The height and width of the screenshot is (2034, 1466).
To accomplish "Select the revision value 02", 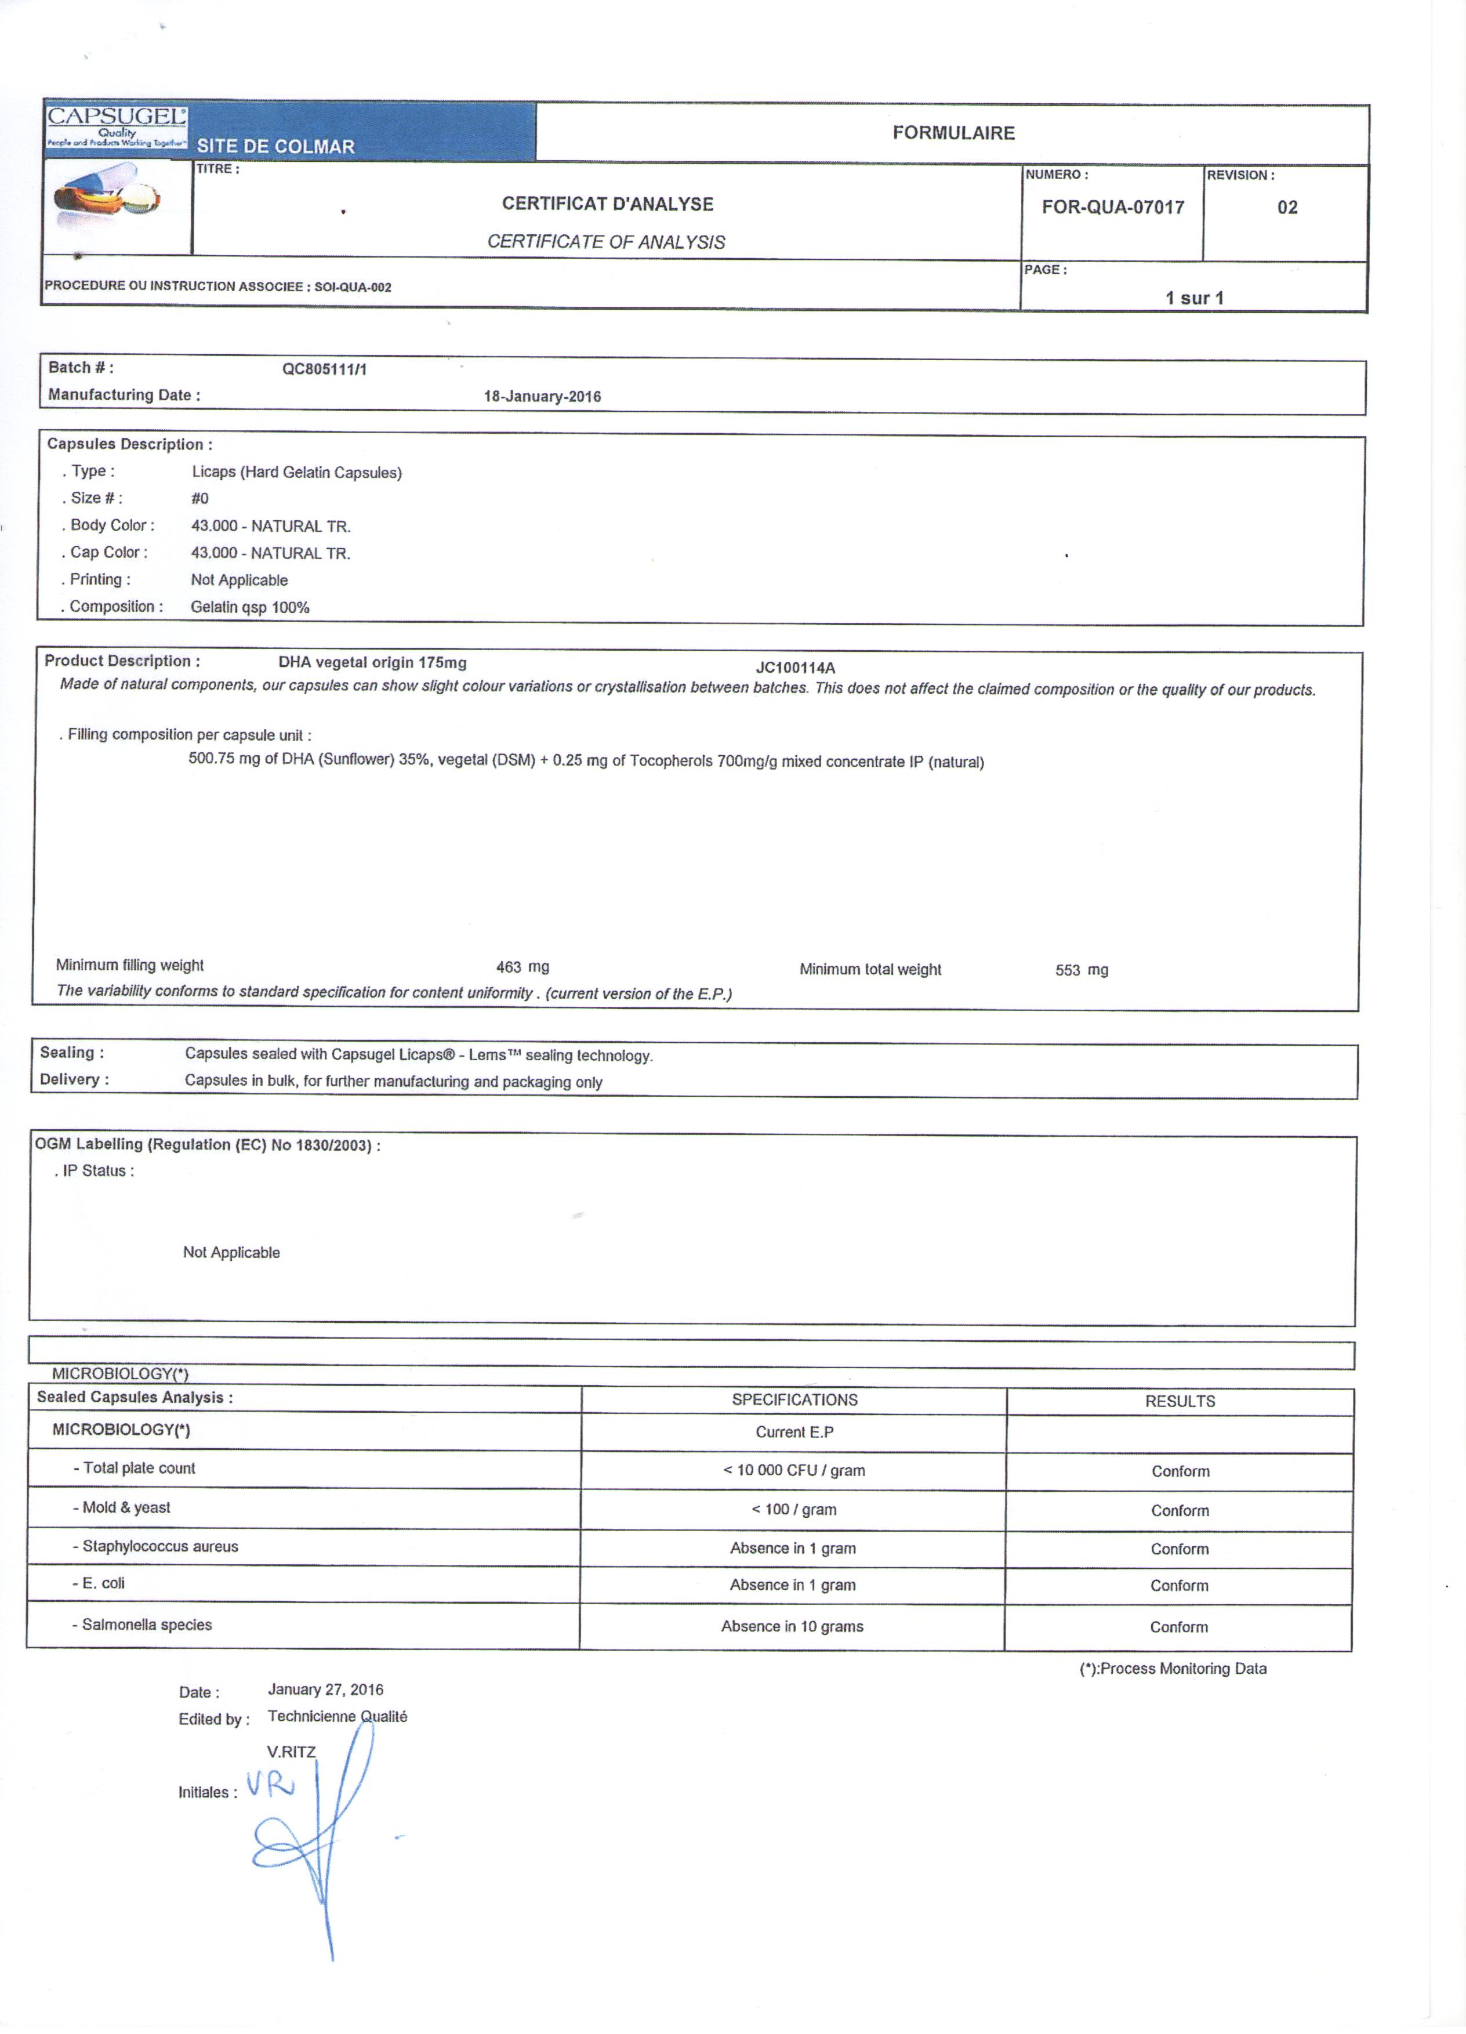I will click(x=1287, y=207).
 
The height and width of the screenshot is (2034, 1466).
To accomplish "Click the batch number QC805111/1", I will click(x=325, y=369).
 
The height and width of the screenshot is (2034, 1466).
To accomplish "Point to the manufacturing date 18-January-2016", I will click(x=542, y=396).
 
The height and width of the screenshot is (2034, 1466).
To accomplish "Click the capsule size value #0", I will click(x=200, y=499).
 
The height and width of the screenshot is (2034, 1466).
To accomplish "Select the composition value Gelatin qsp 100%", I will click(x=250, y=607).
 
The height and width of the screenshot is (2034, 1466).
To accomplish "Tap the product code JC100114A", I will click(x=795, y=667).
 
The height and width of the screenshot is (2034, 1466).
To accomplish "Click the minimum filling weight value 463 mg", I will click(x=522, y=967).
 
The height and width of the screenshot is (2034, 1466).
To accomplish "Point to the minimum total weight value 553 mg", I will click(x=1082, y=970).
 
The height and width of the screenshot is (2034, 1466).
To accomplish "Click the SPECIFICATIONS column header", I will click(x=794, y=1400).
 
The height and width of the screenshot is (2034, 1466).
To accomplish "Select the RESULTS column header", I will click(x=1180, y=1401).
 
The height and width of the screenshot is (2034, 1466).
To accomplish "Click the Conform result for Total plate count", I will click(x=1180, y=1471).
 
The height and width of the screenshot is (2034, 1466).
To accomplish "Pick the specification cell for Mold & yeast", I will click(x=793, y=1509).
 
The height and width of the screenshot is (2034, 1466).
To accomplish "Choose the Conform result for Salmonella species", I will click(x=1178, y=1627).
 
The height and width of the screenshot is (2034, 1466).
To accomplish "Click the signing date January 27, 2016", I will click(x=325, y=1689).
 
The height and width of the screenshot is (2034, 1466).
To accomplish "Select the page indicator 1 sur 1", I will click(x=1195, y=298).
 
